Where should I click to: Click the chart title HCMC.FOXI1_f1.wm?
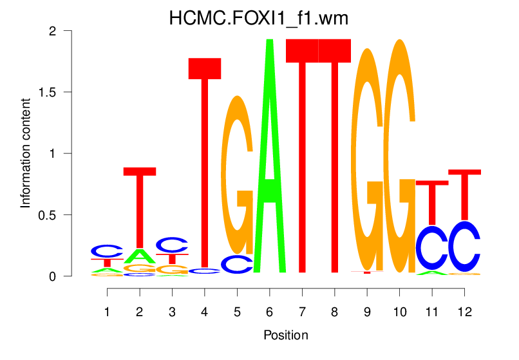coord(259,18)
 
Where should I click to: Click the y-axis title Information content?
coord(26,153)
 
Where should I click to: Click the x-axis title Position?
coord(285,335)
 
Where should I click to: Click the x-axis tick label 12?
coord(464,311)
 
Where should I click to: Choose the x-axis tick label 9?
coord(366,311)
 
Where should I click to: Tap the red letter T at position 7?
coord(302,155)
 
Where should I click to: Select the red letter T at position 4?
coord(205,161)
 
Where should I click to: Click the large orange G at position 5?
coord(237,174)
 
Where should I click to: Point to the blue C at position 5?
coord(237,264)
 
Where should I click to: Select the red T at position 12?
coord(464,193)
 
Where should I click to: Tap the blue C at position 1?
coord(107,251)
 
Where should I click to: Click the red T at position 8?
coord(335,155)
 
